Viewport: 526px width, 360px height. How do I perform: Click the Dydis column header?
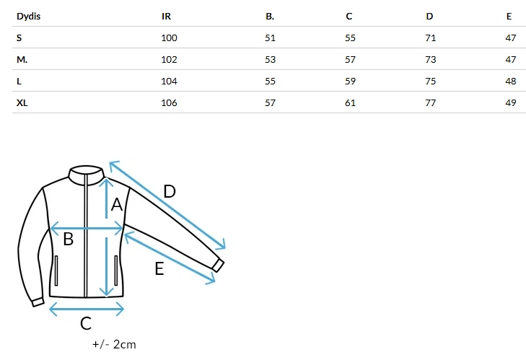click(x=29, y=16)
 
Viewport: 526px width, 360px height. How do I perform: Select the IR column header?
click(x=166, y=16)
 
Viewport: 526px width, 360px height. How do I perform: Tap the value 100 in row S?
click(x=169, y=38)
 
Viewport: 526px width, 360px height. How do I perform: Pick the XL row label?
click(x=22, y=102)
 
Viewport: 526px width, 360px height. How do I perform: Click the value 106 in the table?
click(x=169, y=102)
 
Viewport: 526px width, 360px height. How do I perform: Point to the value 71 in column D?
click(x=430, y=38)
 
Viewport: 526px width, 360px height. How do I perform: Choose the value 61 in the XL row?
click(x=350, y=102)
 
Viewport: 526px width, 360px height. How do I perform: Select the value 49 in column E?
click(x=511, y=102)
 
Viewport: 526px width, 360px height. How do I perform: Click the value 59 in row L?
click(x=350, y=82)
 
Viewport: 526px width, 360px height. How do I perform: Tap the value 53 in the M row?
click(x=270, y=59)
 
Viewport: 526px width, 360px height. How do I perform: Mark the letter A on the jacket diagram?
click(x=116, y=204)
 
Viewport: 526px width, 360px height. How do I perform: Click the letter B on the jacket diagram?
click(x=68, y=240)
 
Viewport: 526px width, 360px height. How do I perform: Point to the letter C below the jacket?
click(x=86, y=323)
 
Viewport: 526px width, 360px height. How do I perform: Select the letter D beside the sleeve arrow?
click(x=170, y=191)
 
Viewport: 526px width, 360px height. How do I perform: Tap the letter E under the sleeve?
click(x=159, y=269)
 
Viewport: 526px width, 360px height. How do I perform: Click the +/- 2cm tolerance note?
click(x=114, y=344)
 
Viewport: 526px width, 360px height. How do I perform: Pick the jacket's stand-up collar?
click(x=86, y=175)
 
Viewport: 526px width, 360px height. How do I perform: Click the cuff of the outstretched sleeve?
click(x=218, y=265)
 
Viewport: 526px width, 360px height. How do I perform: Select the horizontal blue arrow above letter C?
click(x=87, y=309)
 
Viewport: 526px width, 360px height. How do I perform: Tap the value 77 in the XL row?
click(x=430, y=102)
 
